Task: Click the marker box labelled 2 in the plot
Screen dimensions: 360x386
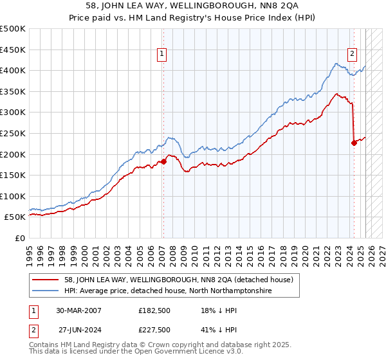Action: click(353, 55)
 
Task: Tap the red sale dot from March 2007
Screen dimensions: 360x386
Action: click(163, 161)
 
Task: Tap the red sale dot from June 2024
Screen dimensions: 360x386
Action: click(354, 143)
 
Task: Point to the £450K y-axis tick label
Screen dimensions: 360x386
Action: click(14, 50)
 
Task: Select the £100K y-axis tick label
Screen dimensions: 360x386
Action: click(14, 196)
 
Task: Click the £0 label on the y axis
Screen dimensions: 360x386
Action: click(19, 238)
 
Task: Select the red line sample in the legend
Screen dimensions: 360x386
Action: click(47, 280)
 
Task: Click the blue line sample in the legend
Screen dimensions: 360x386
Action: click(47, 291)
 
